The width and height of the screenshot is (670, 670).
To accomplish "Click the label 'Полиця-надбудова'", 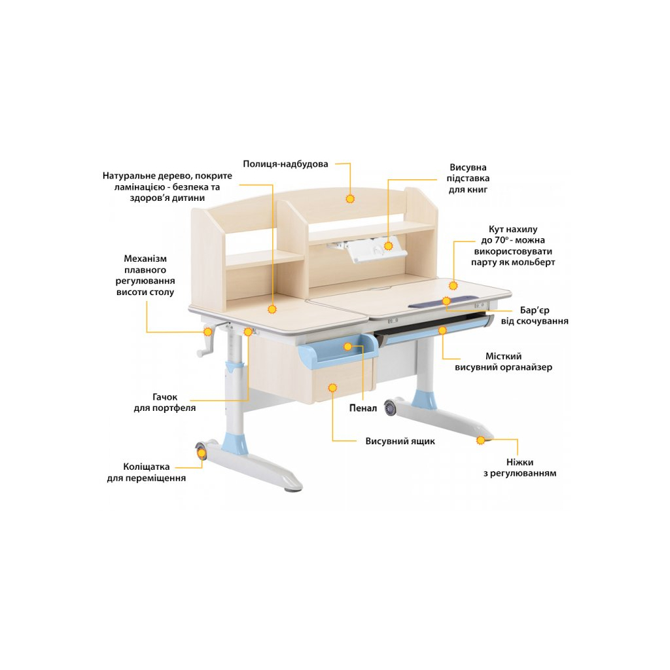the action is [285, 164].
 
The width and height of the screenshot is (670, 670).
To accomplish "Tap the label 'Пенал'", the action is [363, 408].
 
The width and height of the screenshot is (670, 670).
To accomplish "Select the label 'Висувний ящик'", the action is [400, 441].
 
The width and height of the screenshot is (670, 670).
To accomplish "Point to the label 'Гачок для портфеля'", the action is [164, 402].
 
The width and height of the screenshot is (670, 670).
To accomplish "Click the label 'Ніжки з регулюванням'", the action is [520, 467].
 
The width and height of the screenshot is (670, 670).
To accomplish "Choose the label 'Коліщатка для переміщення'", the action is [146, 472].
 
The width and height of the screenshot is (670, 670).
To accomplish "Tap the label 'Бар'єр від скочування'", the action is [535, 315].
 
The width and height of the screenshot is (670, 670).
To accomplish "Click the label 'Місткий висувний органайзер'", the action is [503, 361].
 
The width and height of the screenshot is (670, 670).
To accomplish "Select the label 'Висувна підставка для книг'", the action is [468, 178].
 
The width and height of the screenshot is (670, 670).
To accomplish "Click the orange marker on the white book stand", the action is [388, 246].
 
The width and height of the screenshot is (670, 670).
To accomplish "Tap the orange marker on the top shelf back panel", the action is [350, 199].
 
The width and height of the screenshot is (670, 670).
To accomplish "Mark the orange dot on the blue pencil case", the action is [348, 347].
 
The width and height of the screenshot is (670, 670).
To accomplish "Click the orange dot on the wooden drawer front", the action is [332, 387].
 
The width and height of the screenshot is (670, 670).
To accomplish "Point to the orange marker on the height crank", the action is [207, 332].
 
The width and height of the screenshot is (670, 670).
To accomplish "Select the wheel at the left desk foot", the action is [202, 451].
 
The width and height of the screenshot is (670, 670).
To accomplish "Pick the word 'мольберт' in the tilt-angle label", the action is [535, 262].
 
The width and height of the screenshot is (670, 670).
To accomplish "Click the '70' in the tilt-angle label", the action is [501, 240].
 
